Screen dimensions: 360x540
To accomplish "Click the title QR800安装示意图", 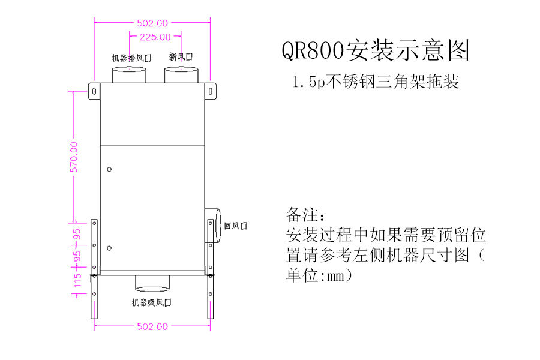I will [x=376, y=50].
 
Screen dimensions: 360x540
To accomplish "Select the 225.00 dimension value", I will [x=155, y=37].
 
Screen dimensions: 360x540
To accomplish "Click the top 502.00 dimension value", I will [x=152, y=23].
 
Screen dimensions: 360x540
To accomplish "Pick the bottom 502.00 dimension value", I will [x=152, y=326].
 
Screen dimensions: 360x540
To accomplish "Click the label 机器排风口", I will [x=131, y=58].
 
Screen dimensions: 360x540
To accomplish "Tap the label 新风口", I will [x=181, y=58].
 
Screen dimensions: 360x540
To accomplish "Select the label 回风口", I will [x=235, y=226].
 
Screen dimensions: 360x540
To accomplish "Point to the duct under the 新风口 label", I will [x=182, y=74].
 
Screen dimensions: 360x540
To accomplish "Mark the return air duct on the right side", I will [x=214, y=226].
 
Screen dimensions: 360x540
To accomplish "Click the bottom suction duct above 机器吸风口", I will [x=153, y=282].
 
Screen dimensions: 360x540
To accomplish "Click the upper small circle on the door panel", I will [x=109, y=170].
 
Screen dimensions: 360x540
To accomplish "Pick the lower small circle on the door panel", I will [x=109, y=248].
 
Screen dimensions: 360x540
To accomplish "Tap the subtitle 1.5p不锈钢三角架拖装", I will [x=376, y=82].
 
